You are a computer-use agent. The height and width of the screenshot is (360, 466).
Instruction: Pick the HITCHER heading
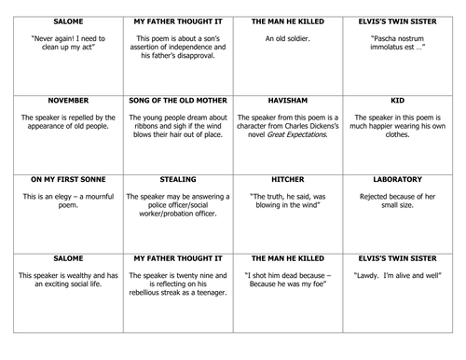click(290, 178)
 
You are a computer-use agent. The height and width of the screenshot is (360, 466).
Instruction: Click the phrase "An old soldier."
click(290, 37)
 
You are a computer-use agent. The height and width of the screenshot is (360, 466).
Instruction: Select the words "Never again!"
click(44, 37)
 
